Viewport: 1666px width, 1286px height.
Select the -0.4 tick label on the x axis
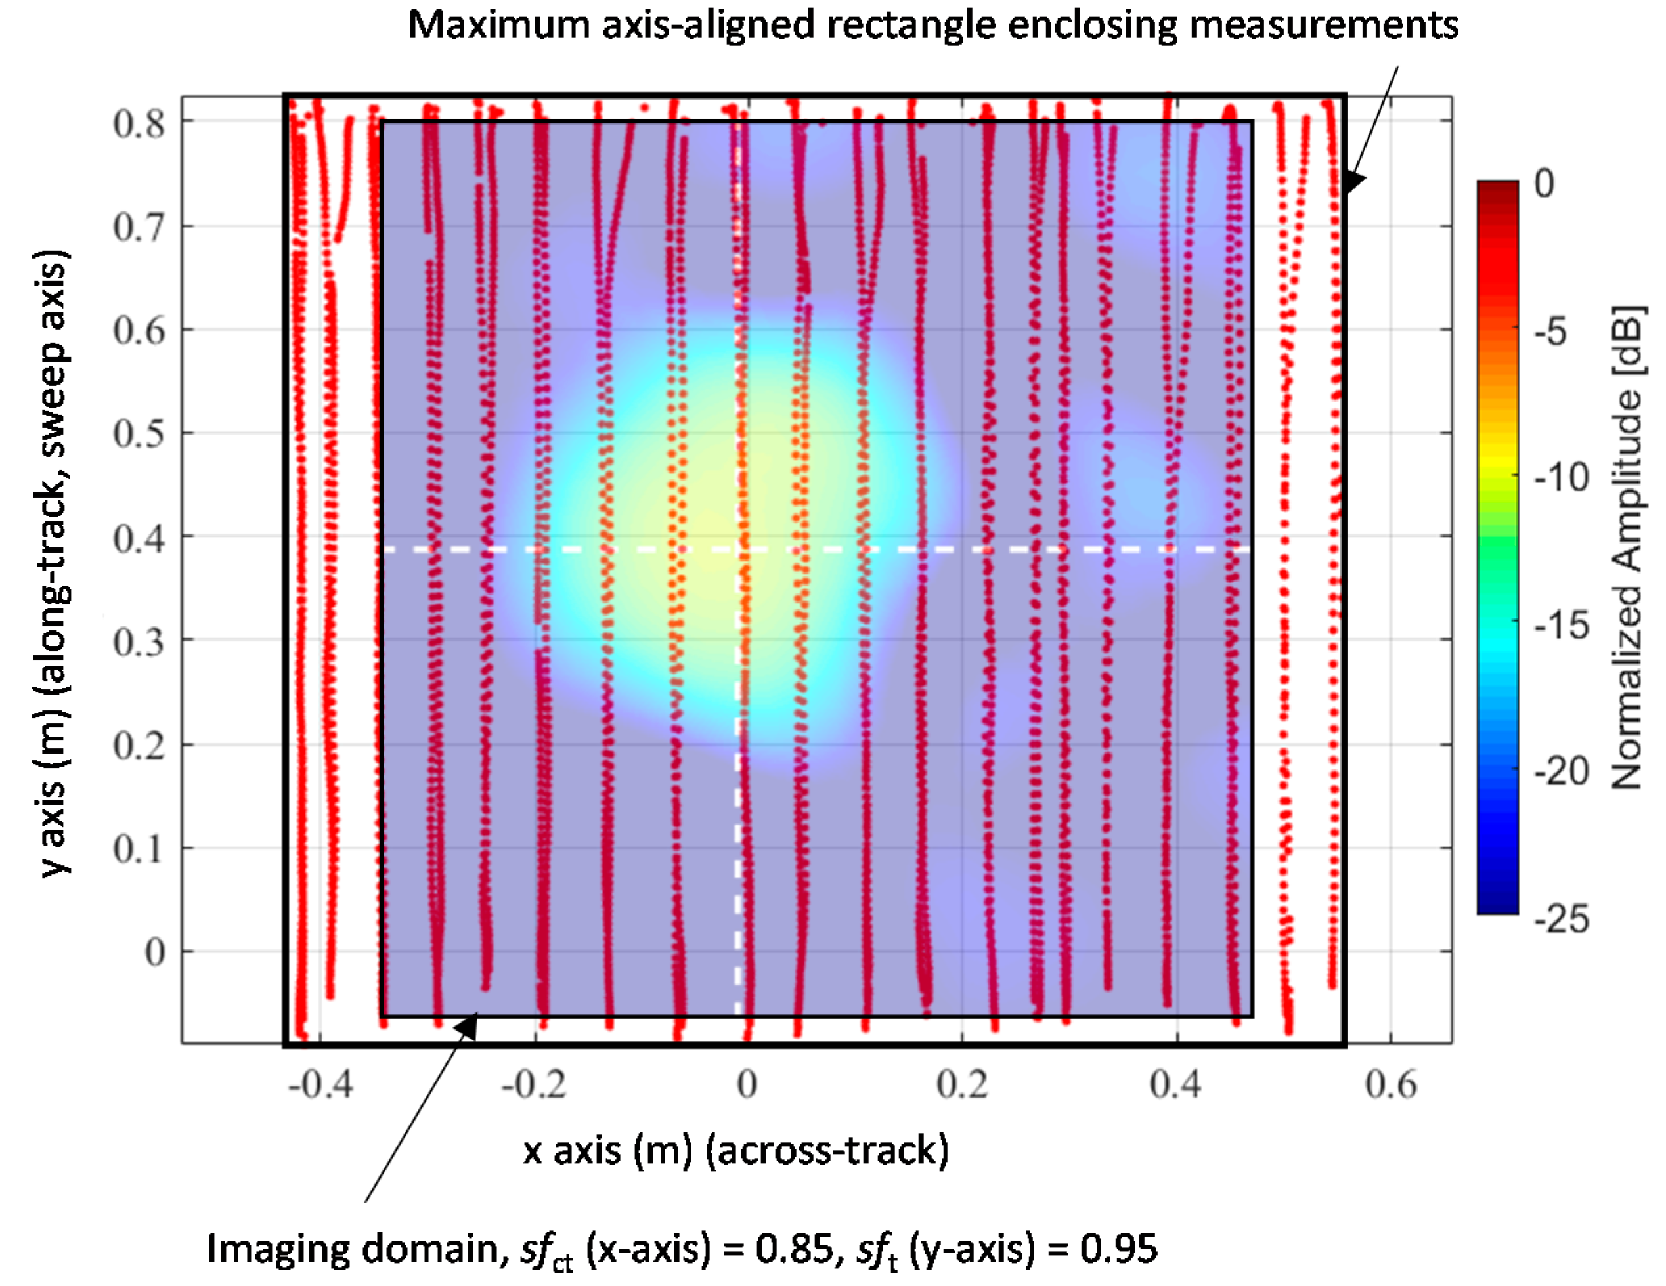pyautogui.click(x=320, y=1084)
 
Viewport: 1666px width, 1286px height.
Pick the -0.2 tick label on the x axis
pyautogui.click(x=534, y=1084)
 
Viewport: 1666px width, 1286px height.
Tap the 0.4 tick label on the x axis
pyautogui.click(x=1175, y=1084)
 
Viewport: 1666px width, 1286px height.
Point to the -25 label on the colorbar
pyautogui.click(x=1561, y=919)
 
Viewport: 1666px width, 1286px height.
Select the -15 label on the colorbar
pyautogui.click(x=1561, y=626)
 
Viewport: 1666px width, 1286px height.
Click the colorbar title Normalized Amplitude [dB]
pyautogui.click(x=1628, y=547)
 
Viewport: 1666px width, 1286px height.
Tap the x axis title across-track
pyautogui.click(x=735, y=1150)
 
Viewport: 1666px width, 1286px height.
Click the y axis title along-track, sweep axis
pyautogui.click(x=55, y=563)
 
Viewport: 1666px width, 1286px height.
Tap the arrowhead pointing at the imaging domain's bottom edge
pyautogui.click(x=467, y=1027)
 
